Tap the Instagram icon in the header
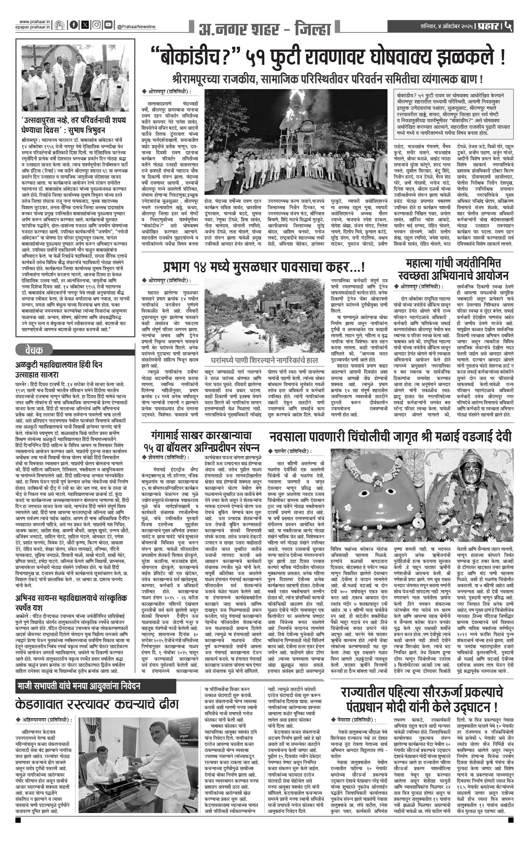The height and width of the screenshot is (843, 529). (x=97, y=25)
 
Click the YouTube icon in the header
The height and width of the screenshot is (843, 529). (x=108, y=25)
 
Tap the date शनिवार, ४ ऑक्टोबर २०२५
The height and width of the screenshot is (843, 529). (x=447, y=26)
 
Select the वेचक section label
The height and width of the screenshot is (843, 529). (x=34, y=351)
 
